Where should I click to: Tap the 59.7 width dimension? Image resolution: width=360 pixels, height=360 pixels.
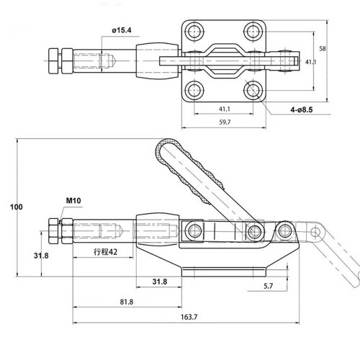(x=224, y=122)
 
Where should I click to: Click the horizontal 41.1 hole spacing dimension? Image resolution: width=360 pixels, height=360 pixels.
(x=224, y=109)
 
